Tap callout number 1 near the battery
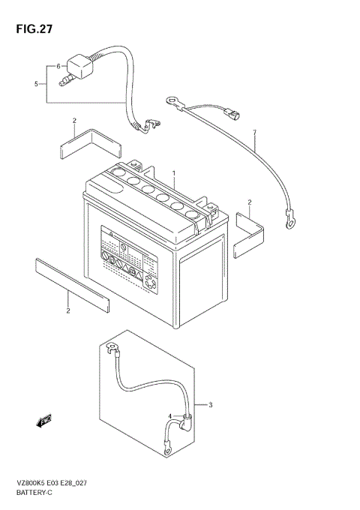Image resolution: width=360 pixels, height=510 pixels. (173, 173)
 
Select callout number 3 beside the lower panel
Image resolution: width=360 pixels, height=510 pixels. (211, 406)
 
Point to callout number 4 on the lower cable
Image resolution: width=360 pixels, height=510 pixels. (170, 417)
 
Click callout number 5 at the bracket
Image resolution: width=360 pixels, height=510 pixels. (35, 84)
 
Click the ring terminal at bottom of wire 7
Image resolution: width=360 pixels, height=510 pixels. (287, 219)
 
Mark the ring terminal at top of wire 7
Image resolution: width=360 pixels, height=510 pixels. (174, 98)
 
